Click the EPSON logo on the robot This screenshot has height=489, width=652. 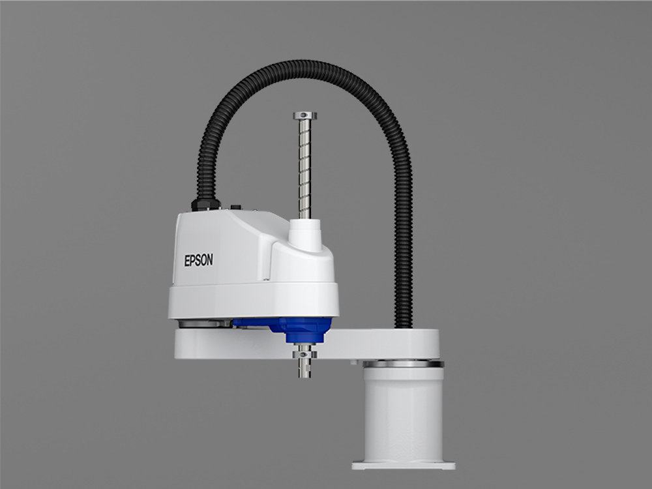click(198, 259)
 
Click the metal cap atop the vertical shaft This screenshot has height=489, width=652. click(304, 116)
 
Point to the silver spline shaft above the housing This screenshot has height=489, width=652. click(304, 170)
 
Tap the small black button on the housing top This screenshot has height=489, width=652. click(235, 207)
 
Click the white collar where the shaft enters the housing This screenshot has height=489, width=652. click(305, 234)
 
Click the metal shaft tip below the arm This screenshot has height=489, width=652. click(304, 369)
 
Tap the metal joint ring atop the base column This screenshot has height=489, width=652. click(402, 363)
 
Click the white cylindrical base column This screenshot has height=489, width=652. click(402, 411)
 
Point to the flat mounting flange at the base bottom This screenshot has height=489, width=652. click(403, 465)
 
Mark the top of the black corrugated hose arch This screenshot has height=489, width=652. click(306, 65)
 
